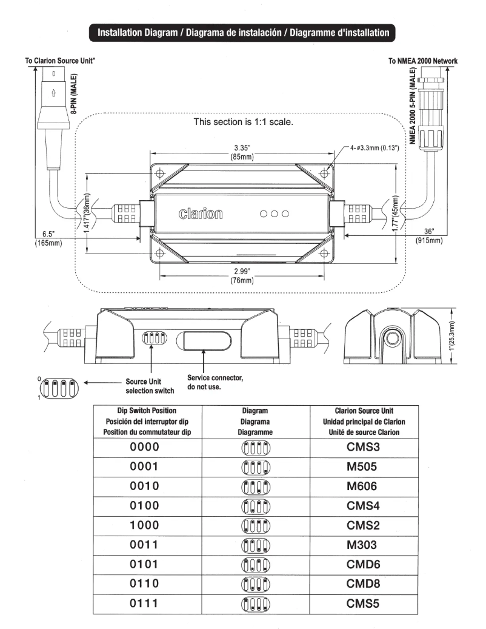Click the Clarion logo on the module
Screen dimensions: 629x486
(201, 214)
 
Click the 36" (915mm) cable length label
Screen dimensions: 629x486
(428, 237)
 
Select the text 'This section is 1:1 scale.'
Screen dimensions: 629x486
(243, 121)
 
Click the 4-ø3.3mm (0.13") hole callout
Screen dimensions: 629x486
(373, 147)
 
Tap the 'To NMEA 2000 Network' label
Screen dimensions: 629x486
(422, 61)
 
